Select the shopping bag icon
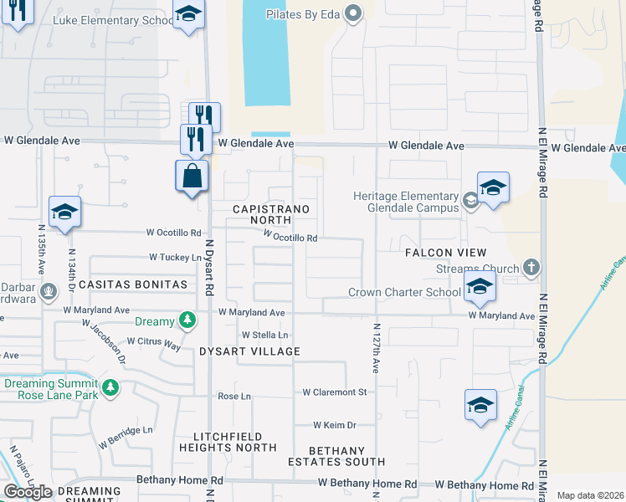coord(192,177)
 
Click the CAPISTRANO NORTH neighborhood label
coord(270,214)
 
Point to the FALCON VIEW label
coord(445,253)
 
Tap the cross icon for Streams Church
coord(528,268)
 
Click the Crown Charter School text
coord(404,292)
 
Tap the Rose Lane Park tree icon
coord(110,388)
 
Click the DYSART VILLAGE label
coord(249,351)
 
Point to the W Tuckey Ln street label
coord(176,258)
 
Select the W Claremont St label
coord(335,392)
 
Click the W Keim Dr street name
coord(335,425)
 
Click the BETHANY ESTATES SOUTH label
coord(336,456)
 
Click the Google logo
coord(28,492)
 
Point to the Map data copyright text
coord(589,495)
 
